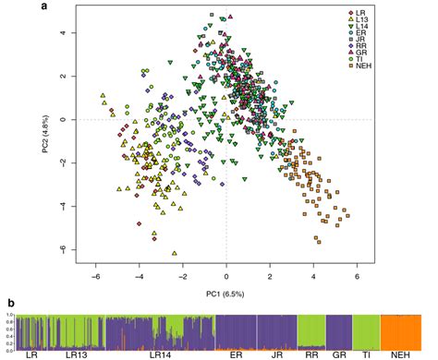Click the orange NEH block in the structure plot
403,331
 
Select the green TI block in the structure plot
366,331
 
